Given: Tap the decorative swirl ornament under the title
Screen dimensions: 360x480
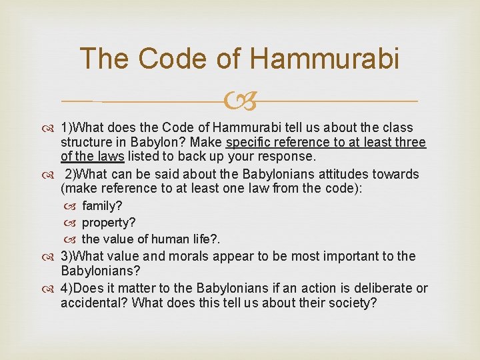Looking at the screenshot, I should coord(239,101).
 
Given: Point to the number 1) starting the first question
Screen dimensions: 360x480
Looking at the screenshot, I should coord(67,127).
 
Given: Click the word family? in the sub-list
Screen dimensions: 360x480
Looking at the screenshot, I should coord(102,207).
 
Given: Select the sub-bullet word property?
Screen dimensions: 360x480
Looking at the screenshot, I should coord(109,222).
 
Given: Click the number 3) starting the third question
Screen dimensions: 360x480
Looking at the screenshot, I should coord(67,256).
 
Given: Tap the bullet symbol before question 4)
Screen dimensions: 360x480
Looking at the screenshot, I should coord(51,288).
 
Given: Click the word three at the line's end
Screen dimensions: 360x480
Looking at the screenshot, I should coord(411,142).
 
